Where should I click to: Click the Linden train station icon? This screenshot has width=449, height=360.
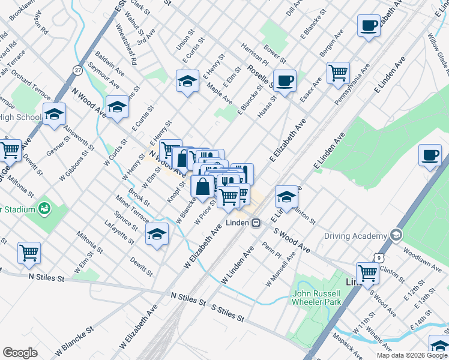[x=256, y=223]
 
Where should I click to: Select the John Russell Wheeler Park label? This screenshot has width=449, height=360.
[x=316, y=298]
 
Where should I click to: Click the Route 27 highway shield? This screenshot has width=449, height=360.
[x=78, y=70]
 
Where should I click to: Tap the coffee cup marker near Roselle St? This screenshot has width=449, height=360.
[x=285, y=80]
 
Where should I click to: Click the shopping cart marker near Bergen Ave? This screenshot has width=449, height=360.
[x=339, y=73]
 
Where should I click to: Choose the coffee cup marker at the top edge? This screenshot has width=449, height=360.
[x=369, y=25]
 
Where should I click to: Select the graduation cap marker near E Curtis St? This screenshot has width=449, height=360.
[x=187, y=80]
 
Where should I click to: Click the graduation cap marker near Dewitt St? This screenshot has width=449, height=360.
[x=157, y=234]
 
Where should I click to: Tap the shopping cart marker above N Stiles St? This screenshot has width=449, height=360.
[x=29, y=253]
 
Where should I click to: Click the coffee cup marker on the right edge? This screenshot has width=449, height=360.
[x=430, y=155]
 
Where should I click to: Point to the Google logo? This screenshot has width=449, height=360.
[x=20, y=353]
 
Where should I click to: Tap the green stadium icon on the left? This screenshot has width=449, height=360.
[x=43, y=209]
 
